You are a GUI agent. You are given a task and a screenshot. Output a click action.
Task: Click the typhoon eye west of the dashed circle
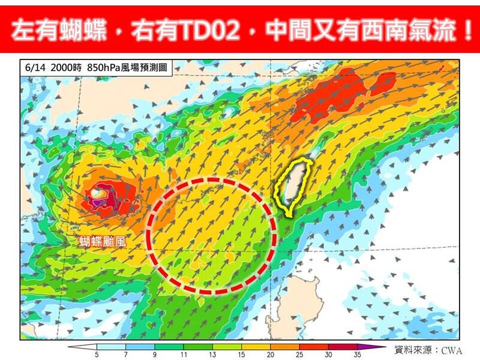(99, 194)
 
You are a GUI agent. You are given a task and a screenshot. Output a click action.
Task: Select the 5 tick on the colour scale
(97, 354)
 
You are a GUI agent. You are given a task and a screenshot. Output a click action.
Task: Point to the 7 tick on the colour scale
(125, 354)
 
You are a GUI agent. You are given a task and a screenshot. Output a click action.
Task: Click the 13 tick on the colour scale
(213, 354)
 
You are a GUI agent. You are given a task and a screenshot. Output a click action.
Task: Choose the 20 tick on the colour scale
(271, 354)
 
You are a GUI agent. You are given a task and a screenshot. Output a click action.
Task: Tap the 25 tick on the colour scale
(300, 354)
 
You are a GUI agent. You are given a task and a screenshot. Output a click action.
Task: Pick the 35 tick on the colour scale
(358, 354)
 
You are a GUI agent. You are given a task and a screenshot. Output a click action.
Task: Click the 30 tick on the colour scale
(329, 354)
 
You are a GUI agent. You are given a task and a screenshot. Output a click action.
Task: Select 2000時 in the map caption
(67, 68)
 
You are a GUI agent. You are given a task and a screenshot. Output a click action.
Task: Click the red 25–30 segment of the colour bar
(314, 346)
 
